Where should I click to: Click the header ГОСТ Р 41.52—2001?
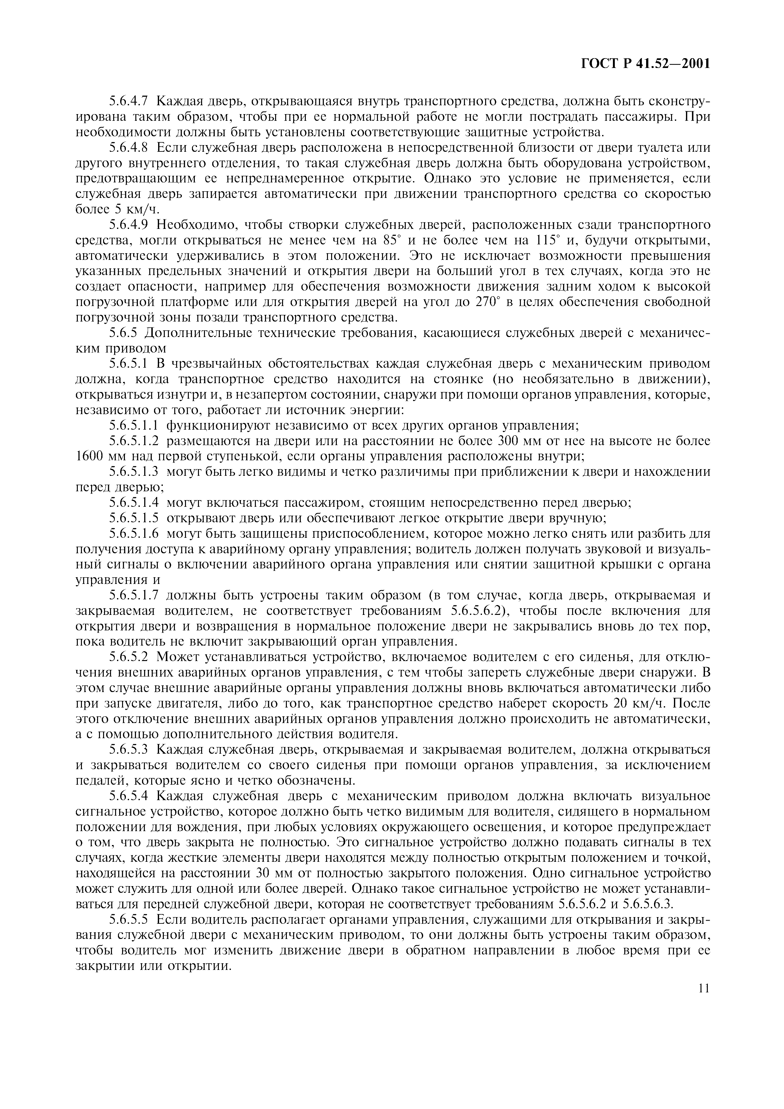pyautogui.click(x=645, y=64)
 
